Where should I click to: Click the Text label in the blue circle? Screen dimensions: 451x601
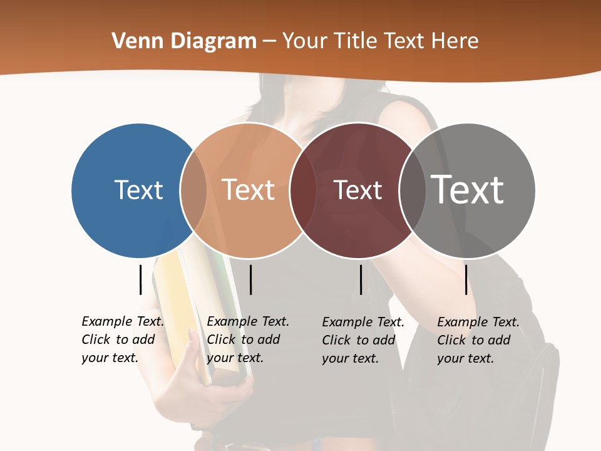[138, 190]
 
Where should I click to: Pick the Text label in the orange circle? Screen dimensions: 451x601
[249, 190]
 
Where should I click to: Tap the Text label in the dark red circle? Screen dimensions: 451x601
[357, 190]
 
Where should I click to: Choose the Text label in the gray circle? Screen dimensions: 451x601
[468, 190]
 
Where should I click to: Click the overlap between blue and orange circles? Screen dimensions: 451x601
[193, 190]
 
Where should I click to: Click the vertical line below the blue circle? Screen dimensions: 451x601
[141, 279]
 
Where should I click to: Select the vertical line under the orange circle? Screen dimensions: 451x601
[250, 279]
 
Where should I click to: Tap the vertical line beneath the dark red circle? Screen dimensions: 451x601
[361, 279]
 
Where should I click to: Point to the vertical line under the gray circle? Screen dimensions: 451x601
[466, 279]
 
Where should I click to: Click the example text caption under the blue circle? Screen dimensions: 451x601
[122, 340]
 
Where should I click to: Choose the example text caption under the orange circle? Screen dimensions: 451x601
[247, 340]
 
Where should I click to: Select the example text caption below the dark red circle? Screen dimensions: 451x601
[362, 340]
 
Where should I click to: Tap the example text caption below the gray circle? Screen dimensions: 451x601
[478, 340]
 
